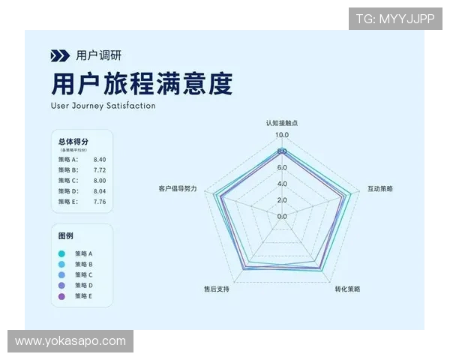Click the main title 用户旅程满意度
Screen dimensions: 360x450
point(141,82)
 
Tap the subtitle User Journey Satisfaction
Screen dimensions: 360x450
point(103,106)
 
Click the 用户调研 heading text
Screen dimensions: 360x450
point(98,55)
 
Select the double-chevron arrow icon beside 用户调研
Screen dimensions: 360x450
point(60,55)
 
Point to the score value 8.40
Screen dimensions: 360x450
point(100,160)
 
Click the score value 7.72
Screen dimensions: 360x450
point(100,170)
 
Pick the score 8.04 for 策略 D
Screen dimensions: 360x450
point(100,191)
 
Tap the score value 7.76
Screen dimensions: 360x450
point(100,202)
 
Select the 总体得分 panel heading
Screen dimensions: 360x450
point(73,141)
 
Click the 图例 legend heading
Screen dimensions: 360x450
point(66,235)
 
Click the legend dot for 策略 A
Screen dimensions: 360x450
point(61,253)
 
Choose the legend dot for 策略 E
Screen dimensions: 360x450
point(61,296)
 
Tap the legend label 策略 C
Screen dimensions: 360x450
point(84,275)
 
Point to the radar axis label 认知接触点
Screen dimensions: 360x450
point(282,122)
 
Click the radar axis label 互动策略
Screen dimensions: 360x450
point(380,188)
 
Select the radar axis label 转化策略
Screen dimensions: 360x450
point(347,289)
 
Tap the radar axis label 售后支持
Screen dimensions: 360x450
point(217,289)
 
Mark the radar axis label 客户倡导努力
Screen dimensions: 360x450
point(178,188)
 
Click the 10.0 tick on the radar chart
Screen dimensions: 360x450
point(281,135)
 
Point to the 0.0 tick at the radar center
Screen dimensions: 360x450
point(281,216)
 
